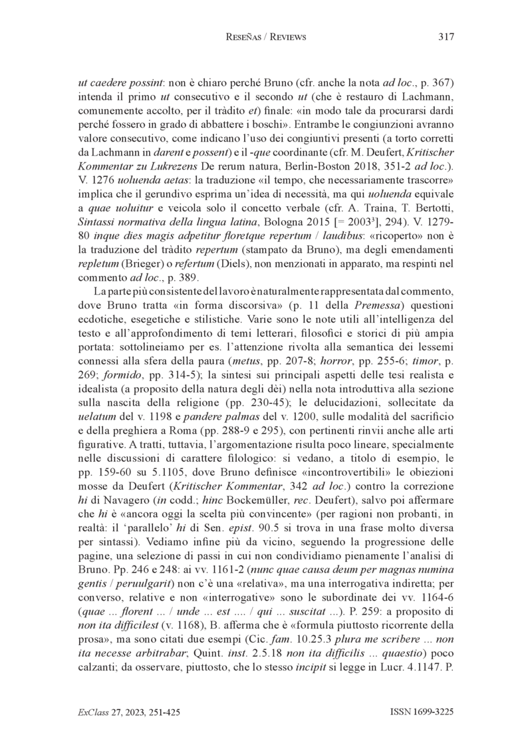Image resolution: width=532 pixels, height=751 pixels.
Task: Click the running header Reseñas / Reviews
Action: tap(266, 37)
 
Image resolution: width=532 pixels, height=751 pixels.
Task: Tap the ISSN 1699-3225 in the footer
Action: tap(422, 712)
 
